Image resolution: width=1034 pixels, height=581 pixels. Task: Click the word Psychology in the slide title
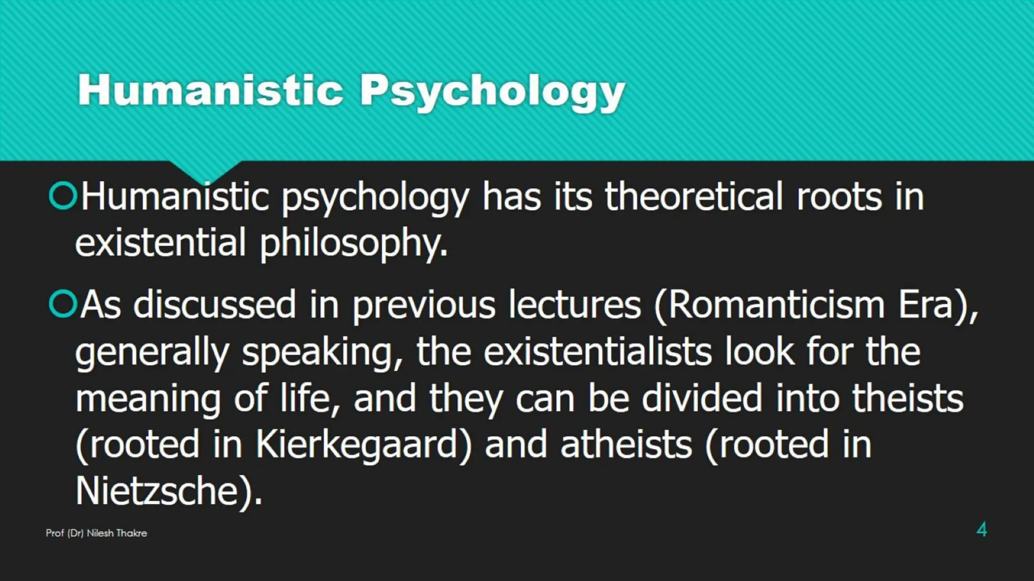pyautogui.click(x=492, y=91)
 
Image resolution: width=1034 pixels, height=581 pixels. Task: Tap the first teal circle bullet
pyautogui.click(x=63, y=196)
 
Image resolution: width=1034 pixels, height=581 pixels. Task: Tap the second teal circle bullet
pyautogui.click(x=63, y=304)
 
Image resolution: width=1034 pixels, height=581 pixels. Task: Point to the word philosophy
pyautogui.click(x=353, y=244)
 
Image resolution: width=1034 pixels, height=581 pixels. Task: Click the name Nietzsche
pyautogui.click(x=157, y=491)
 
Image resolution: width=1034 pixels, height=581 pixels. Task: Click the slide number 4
pyautogui.click(x=981, y=530)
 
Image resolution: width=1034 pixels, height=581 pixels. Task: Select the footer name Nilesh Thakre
pyautogui.click(x=117, y=533)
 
